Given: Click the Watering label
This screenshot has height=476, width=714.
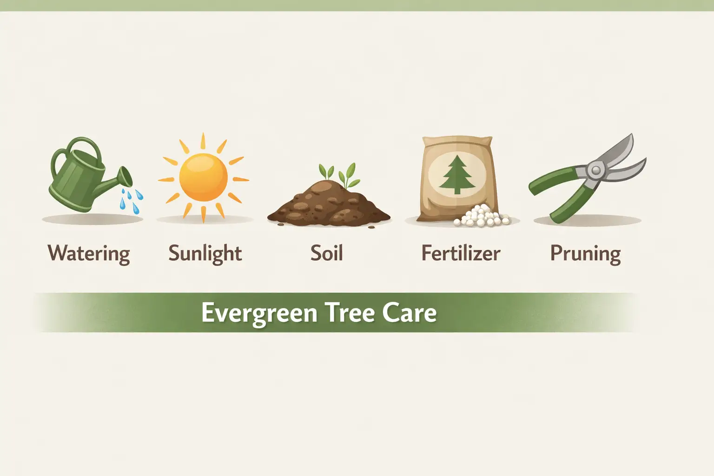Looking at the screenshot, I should [89, 254].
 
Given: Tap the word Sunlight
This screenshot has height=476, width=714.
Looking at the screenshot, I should [205, 254].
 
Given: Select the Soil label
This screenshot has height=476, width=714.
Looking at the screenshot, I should [326, 254].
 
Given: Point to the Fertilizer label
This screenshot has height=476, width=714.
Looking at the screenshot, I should [461, 254].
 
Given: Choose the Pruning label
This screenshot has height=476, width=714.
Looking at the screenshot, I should [585, 254].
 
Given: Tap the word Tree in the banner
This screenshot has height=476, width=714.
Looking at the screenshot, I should [350, 313].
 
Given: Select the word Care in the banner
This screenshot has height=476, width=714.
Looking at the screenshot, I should [410, 313].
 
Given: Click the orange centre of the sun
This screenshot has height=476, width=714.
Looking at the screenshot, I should [204, 177].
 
